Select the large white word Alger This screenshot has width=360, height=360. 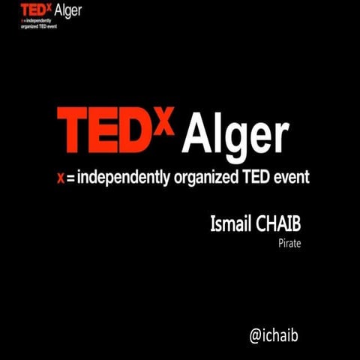coord(235,135)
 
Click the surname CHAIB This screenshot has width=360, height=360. coord(277,224)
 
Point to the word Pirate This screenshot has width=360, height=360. coord(289,244)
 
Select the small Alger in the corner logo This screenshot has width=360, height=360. coord(68,10)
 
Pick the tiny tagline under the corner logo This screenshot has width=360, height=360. coord(44,22)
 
